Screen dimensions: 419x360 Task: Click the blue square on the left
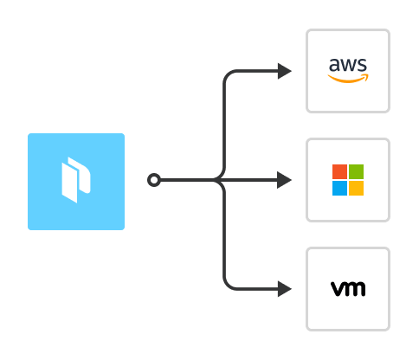click(x=76, y=182)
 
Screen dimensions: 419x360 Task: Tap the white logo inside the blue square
click(x=76, y=180)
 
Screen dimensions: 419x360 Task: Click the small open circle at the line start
click(x=154, y=180)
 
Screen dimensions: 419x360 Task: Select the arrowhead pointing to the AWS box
click(x=285, y=71)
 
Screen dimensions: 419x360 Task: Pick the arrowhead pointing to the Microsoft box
click(x=285, y=180)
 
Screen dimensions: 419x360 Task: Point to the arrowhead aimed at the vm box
click(x=285, y=289)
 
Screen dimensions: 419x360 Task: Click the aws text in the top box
click(x=348, y=65)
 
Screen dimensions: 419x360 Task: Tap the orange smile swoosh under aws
click(x=348, y=78)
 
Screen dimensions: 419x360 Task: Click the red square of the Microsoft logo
click(x=339, y=171)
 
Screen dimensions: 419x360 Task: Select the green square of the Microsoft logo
click(x=356, y=171)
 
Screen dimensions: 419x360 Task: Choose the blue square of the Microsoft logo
click(x=339, y=188)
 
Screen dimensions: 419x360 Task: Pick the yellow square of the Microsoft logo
click(x=356, y=188)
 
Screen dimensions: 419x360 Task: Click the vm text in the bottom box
click(x=348, y=289)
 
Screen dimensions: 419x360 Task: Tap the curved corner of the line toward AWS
click(x=228, y=75)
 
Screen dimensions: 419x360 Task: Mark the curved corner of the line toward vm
click(x=228, y=285)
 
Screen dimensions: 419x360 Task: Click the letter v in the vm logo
click(x=337, y=289)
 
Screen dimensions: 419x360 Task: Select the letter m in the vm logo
click(x=355, y=289)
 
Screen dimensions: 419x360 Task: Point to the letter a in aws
click(x=334, y=65)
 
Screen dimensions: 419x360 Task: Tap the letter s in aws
click(x=363, y=65)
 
